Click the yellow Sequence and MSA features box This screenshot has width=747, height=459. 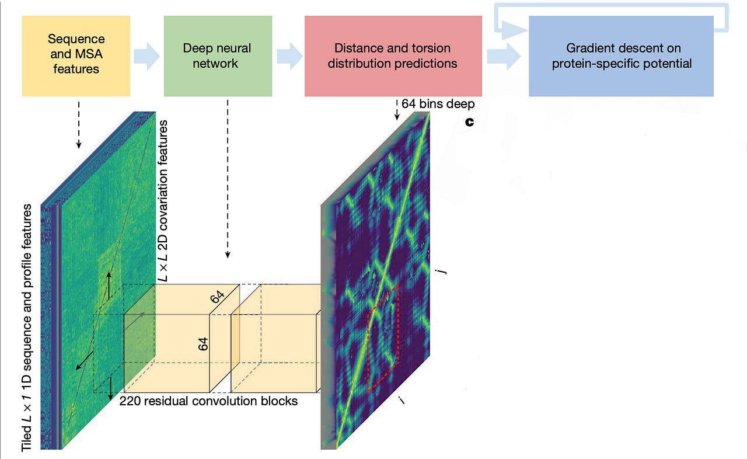(76, 56)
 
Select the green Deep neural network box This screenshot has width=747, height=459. (218, 56)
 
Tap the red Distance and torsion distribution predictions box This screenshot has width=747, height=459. (393, 56)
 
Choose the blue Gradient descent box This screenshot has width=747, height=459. (622, 56)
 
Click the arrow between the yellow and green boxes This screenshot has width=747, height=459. (147, 56)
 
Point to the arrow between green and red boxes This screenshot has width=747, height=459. (289, 56)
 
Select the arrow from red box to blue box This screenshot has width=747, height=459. (504, 56)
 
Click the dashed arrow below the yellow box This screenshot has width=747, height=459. (79, 125)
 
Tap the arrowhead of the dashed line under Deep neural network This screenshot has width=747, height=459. (228, 255)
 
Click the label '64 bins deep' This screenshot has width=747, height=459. (438, 104)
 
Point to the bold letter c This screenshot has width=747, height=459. (470, 123)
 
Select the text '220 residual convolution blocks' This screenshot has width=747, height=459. (208, 401)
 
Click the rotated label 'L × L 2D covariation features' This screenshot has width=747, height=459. (163, 201)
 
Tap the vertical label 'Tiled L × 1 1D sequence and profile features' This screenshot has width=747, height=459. (27, 328)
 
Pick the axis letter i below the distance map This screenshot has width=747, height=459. (402, 399)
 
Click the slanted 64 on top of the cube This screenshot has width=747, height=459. (217, 296)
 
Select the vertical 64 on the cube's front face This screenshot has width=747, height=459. (203, 344)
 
